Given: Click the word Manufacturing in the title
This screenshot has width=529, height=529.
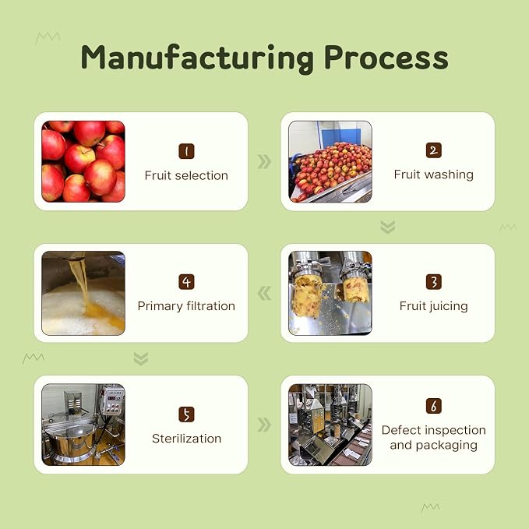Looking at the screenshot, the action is [197, 58].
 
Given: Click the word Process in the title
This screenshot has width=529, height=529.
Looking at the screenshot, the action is [386, 58].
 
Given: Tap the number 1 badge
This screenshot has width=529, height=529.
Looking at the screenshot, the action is [186, 151].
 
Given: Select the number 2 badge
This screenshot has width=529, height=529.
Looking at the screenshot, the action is [434, 150].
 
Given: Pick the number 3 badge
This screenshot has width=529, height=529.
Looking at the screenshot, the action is [434, 282].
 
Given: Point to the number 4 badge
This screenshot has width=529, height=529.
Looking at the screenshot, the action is [186, 282].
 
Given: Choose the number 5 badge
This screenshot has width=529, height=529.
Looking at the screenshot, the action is [186, 414].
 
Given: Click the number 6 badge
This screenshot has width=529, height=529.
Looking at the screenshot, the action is [434, 406].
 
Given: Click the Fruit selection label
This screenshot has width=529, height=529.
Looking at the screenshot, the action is [186, 175].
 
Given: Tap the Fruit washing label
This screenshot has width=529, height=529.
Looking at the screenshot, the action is [434, 175].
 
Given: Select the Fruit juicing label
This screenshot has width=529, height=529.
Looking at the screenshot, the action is [434, 306].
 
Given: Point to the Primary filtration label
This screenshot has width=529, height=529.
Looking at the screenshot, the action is [186, 306].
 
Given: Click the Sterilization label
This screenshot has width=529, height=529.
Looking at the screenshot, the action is [186, 439].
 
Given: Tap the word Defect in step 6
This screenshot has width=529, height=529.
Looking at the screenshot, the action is [400, 430].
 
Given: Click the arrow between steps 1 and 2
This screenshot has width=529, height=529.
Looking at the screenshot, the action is [264, 161].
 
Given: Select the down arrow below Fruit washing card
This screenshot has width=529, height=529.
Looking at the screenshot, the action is [388, 227].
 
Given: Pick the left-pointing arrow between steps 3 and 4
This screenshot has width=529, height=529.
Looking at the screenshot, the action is [264, 293].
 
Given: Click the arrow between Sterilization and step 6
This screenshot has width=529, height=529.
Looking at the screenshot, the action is [264, 425].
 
